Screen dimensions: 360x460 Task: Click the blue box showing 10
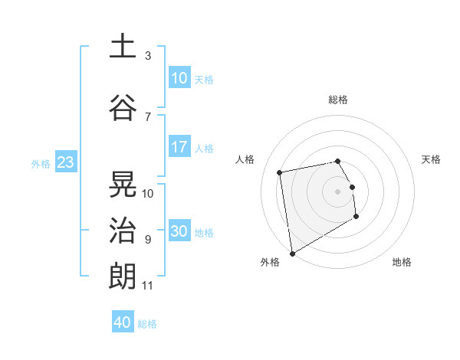click(179, 78)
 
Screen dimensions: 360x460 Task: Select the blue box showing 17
click(179, 147)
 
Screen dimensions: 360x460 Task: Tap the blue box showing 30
click(179, 232)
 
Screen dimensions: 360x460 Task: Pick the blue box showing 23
click(65, 162)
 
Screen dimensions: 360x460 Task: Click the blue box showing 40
click(123, 322)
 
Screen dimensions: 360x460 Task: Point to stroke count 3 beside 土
click(148, 56)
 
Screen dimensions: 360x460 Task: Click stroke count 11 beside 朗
click(147, 286)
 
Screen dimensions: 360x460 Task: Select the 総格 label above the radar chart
click(338, 100)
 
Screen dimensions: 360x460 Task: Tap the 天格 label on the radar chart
click(432, 159)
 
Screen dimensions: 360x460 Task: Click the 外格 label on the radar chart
click(270, 262)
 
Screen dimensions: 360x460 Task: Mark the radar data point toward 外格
click(292, 253)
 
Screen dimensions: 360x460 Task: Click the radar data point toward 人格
click(280, 172)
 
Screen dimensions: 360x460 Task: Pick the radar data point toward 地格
click(356, 218)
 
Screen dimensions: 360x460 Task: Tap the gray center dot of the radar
click(338, 191)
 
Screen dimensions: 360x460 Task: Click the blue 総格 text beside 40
click(147, 324)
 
